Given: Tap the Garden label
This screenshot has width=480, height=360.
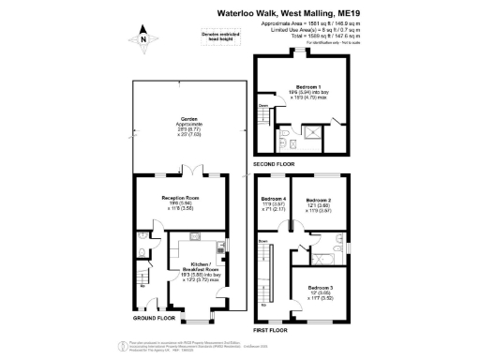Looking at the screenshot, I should (x=190, y=120).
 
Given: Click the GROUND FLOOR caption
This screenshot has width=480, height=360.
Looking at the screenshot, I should (x=155, y=317).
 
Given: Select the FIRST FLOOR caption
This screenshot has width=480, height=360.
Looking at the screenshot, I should (x=270, y=330).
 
